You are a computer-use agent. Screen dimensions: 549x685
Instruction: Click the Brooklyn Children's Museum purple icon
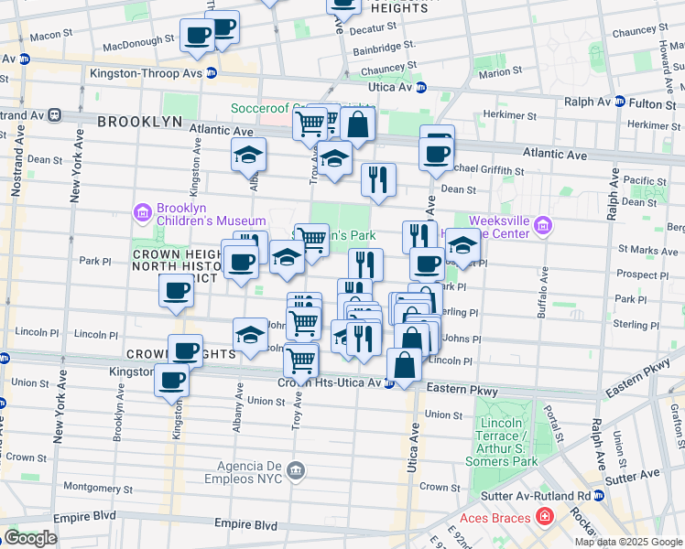[x=142, y=213]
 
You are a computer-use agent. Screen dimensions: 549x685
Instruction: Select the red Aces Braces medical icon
[x=545, y=518]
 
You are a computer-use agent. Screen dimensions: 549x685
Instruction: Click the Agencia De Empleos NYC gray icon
[x=295, y=470]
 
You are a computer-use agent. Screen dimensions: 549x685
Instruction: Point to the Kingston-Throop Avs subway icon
[x=212, y=73]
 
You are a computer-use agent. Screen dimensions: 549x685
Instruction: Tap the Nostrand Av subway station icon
[x=55, y=115]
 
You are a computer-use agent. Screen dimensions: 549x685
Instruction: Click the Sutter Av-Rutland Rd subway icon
[x=600, y=494]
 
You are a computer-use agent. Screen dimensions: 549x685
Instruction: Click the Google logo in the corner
[x=30, y=538]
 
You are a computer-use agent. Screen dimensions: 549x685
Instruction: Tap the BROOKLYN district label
[x=139, y=122]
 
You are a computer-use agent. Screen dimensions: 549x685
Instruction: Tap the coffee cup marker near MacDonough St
[x=197, y=37]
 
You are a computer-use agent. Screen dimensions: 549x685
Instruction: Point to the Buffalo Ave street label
[x=544, y=293]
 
